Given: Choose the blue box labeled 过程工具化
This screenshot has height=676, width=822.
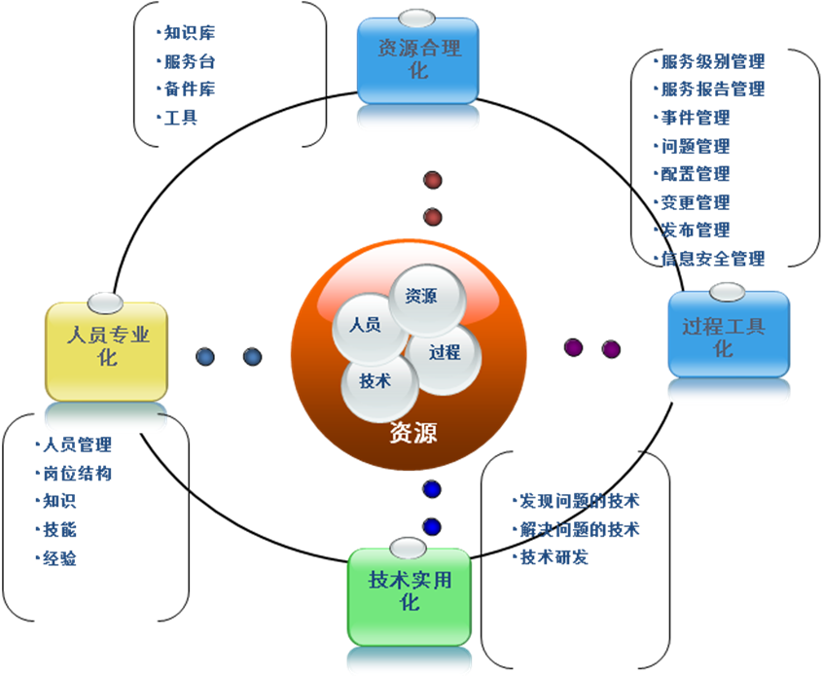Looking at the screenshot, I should [728, 336].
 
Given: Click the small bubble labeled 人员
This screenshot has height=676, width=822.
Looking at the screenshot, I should [365, 325].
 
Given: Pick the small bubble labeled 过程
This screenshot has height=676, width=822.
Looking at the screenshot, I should [445, 352].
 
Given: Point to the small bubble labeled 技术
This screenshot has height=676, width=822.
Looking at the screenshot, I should [375, 381].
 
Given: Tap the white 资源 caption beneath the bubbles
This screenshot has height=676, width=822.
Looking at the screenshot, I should [412, 433].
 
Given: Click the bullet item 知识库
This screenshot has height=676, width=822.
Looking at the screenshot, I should [189, 32].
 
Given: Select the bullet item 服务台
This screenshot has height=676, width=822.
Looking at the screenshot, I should [189, 60].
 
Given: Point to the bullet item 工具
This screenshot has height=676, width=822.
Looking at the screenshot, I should [181, 118].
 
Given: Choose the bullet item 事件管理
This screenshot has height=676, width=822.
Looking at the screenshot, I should [695, 118].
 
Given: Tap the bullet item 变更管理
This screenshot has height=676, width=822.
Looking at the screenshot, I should [695, 202].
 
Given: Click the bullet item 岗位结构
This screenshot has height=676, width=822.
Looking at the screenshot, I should [77, 474].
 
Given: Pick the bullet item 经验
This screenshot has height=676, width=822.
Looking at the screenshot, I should [59, 558].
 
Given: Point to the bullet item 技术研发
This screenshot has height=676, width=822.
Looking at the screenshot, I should [554, 557].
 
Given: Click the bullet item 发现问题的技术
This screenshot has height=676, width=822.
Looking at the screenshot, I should [580, 501].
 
